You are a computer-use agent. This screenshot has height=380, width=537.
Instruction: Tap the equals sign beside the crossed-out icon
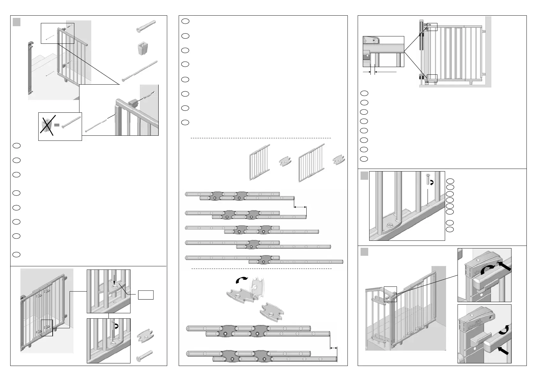coord(57,125)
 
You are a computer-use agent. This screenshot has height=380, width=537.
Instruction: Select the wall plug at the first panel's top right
coord(145,26)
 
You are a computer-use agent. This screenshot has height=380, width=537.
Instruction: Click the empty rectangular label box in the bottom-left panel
coord(146,295)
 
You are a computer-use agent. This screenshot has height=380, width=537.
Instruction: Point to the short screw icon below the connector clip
coord(144,356)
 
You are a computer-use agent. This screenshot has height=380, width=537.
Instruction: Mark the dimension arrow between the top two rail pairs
coord(300,207)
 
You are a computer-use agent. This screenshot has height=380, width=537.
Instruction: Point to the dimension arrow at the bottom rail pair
coord(333,348)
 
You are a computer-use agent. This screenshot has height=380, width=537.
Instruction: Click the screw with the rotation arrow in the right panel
coord(428,180)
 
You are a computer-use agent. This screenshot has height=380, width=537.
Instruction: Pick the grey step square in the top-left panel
coord(17,22)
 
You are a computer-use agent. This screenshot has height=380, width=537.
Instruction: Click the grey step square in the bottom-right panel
coord(364,252)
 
